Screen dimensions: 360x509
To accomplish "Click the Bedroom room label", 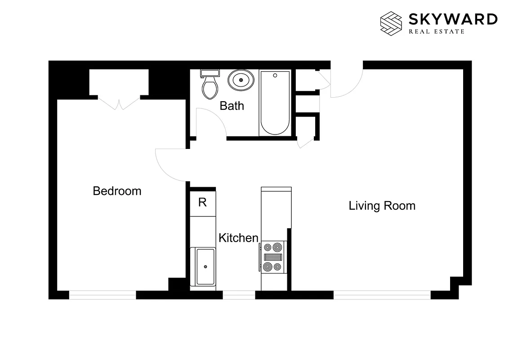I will click(x=117, y=191).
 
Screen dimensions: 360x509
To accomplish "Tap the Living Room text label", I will click(x=382, y=206).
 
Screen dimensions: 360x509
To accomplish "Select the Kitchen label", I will click(x=238, y=238).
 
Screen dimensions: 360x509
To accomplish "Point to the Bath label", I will click(x=232, y=106).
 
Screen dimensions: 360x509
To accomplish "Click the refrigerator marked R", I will click(x=202, y=202).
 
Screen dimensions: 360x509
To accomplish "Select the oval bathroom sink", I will click(x=241, y=81).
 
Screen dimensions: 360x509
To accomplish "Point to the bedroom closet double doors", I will click(x=119, y=103).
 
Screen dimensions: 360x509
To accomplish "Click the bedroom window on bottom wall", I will click(x=103, y=295).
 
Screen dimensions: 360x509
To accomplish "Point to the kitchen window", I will click(x=239, y=295).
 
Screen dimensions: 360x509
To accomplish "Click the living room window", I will click(x=382, y=295).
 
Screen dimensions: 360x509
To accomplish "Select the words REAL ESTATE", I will click(x=436, y=31).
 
